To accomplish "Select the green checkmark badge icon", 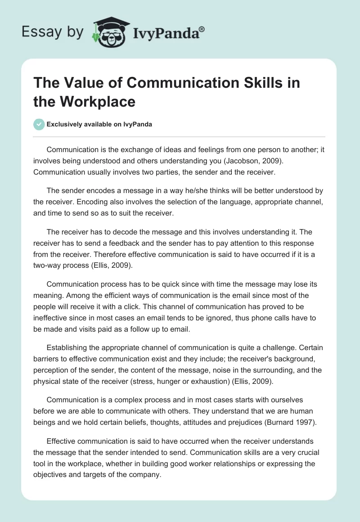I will point(39,124).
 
